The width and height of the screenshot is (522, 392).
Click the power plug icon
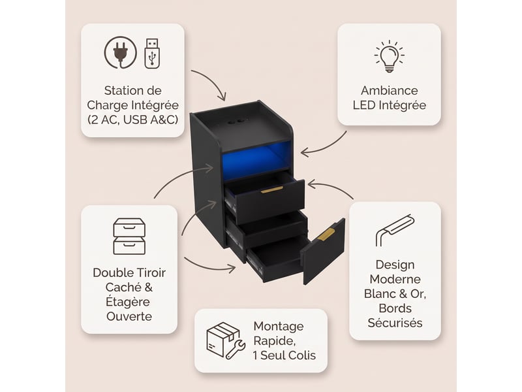click(120, 52)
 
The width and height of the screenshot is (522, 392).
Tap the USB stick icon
click(152, 54)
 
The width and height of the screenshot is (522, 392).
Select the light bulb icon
click(389, 56)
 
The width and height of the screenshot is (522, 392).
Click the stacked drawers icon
click(129, 237)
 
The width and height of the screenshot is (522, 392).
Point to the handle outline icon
click(395, 230)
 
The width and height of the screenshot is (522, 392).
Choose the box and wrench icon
click(226, 340)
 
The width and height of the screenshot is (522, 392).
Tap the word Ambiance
click(389, 91)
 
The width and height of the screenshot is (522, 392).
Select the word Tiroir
click(149, 272)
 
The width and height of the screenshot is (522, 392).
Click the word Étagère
click(128, 301)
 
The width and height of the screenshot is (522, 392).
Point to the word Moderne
click(395, 279)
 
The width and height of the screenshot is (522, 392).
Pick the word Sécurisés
click(395, 323)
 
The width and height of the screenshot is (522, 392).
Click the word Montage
click(279, 327)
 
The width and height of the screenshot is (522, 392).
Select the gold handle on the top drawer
click(271, 190)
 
